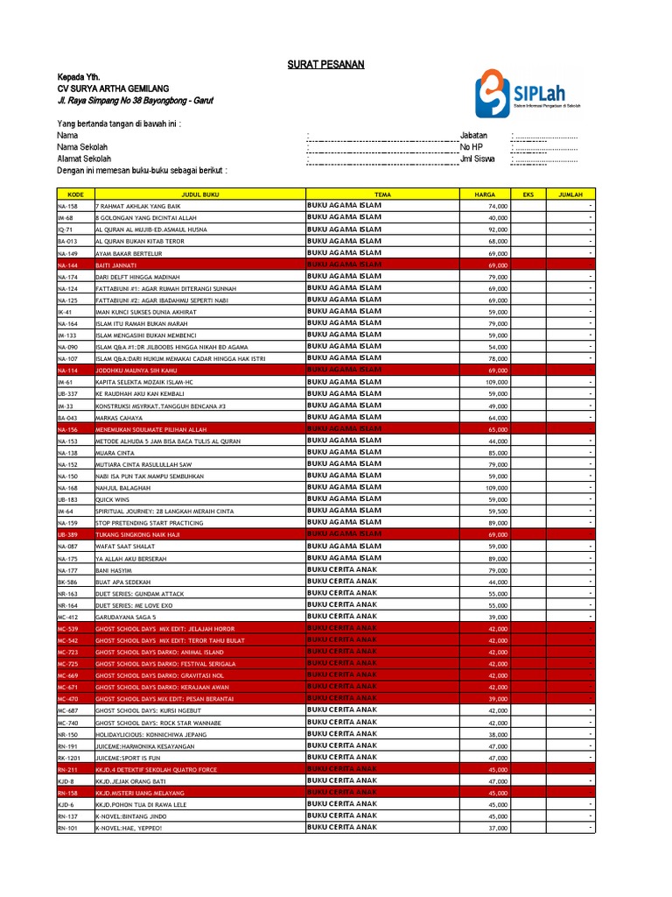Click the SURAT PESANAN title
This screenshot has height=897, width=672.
[x=325, y=65]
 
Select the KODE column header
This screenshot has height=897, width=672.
[x=74, y=194]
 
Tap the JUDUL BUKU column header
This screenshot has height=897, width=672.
[x=199, y=194]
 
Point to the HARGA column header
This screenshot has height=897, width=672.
[x=485, y=194]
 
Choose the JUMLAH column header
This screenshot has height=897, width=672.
[x=570, y=194]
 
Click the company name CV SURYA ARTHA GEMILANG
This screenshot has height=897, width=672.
[x=113, y=88]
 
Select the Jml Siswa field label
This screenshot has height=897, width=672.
[x=477, y=159]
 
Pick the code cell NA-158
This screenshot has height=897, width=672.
[x=67, y=206]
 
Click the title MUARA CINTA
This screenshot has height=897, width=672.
[x=115, y=452]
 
